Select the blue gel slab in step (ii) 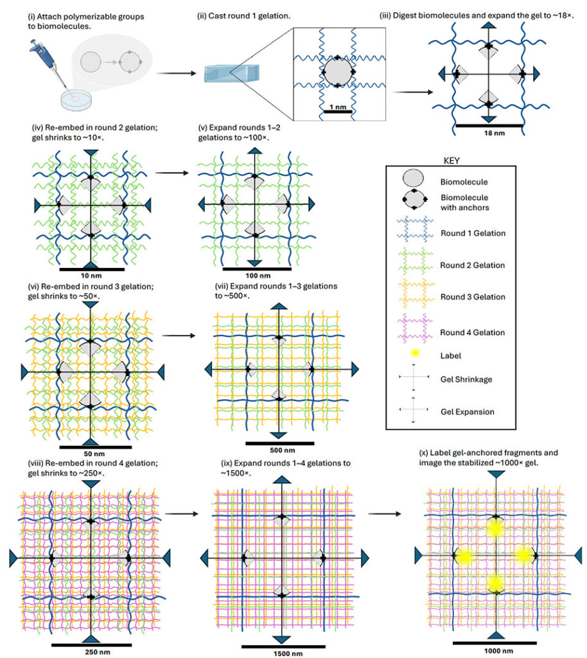pyautogui.click(x=231, y=73)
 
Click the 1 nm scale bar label pyautogui.click(x=338, y=107)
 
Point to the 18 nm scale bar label pyautogui.click(x=495, y=133)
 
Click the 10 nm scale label pyautogui.click(x=91, y=276)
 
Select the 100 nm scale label pyautogui.click(x=258, y=276)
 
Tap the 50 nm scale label pyautogui.click(x=94, y=454)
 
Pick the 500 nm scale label pyautogui.click(x=283, y=450)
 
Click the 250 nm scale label pyautogui.click(x=98, y=652)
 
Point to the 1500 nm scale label pyautogui.click(x=288, y=654)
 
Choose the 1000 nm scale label pyautogui.click(x=498, y=651)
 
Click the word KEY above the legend pyautogui.click(x=451, y=161)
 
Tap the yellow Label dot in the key pyautogui.click(x=415, y=353)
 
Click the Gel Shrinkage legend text pyautogui.click(x=466, y=379)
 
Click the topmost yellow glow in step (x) pyautogui.click(x=495, y=528)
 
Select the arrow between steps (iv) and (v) pyautogui.click(x=172, y=172)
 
